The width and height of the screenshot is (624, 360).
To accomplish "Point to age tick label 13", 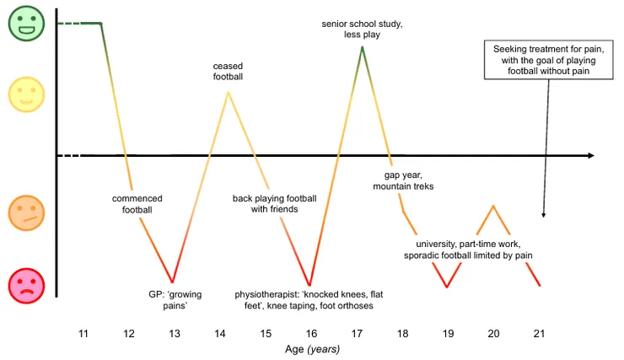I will click(175, 334).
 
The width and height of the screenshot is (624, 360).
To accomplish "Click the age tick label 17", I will click(357, 334).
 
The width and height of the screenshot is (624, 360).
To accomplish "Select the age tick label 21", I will click(540, 334).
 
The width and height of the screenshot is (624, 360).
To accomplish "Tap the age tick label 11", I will click(83, 334).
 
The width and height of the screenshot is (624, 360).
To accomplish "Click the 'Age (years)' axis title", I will click(312, 348).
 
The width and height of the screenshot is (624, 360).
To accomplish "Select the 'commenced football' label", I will click(137, 204).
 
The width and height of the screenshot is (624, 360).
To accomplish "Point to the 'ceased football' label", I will click(228, 71).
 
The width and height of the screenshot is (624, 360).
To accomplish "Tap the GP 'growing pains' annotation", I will click(175, 300).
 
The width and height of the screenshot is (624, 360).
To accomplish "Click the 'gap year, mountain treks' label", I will click(403, 180).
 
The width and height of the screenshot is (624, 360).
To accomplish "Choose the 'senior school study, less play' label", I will click(362, 29).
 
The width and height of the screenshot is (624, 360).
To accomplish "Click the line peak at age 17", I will click(362, 47).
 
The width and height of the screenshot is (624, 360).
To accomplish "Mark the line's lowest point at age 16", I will click(310, 285).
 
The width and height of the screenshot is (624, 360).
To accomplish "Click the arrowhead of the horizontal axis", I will click(590, 156).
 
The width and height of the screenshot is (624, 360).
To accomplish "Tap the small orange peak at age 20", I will click(493, 206).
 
